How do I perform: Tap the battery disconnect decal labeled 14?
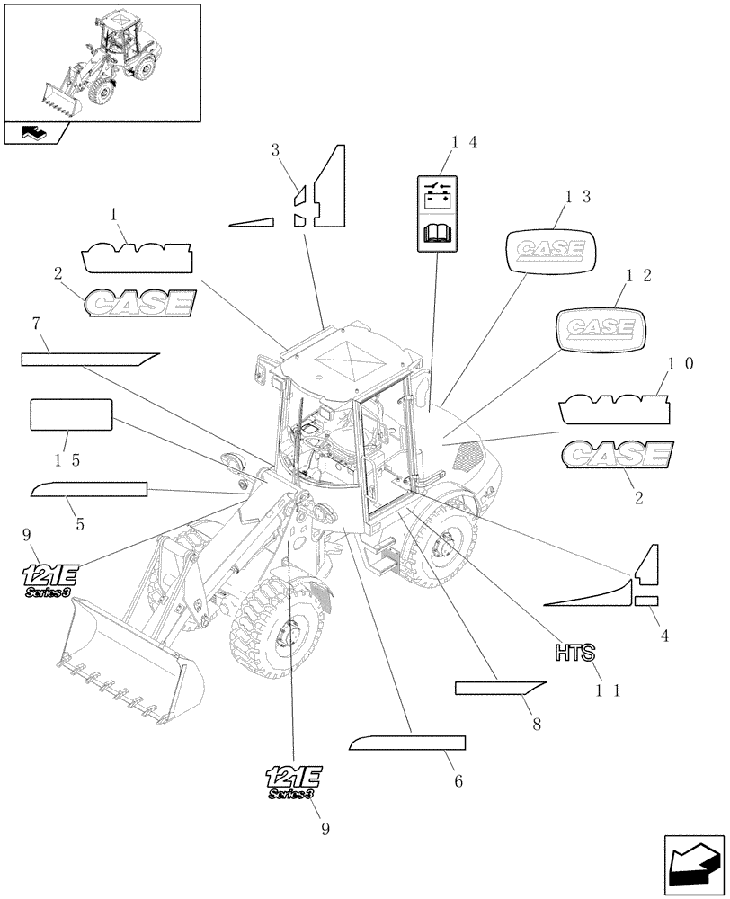438,213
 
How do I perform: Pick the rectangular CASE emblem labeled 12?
600,327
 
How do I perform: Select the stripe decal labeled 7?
90,359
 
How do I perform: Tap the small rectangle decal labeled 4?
646,601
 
